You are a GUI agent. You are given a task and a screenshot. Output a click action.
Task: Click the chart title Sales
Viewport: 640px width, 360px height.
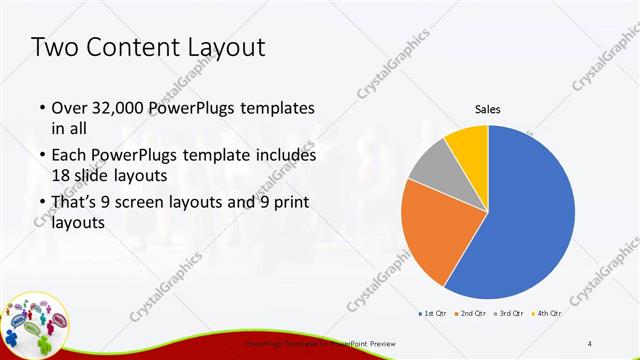[487, 110]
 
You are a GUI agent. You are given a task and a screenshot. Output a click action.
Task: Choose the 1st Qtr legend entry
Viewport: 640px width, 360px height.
[432, 314]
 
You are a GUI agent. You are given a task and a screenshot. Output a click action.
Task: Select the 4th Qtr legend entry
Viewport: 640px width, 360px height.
[550, 314]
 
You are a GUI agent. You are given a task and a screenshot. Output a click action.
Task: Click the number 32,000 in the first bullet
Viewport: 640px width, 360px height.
[120, 108]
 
